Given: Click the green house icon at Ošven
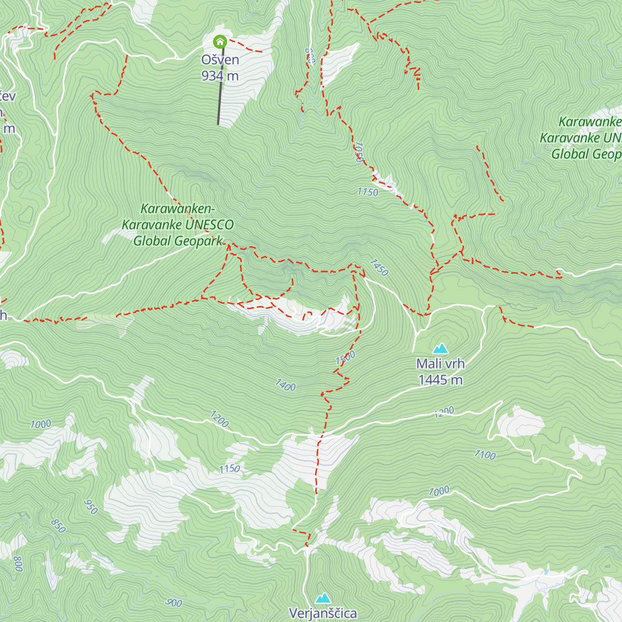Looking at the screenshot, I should [x=220, y=41].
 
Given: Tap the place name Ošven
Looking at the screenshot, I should [x=220, y=60].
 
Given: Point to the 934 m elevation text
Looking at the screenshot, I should [x=220, y=76].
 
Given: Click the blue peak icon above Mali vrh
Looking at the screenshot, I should [x=440, y=348].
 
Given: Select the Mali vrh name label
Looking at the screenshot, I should [x=440, y=364].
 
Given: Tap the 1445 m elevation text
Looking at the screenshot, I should [x=440, y=380].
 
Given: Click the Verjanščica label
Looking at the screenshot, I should [x=323, y=614].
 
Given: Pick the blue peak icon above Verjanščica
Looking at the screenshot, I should [x=323, y=598].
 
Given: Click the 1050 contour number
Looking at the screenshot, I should [x=358, y=152].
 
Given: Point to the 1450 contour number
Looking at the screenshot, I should [x=379, y=267].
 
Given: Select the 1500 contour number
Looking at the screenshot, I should [x=345, y=358].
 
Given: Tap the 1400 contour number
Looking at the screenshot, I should [x=285, y=385].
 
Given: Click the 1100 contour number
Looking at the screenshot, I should [x=485, y=455].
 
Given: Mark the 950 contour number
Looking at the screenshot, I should [x=91, y=506].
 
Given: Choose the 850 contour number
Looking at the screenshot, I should [x=58, y=526].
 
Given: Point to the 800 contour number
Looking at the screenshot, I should [x=18, y=563].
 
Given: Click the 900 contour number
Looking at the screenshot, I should [x=174, y=603].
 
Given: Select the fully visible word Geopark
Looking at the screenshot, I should [x=200, y=241].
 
